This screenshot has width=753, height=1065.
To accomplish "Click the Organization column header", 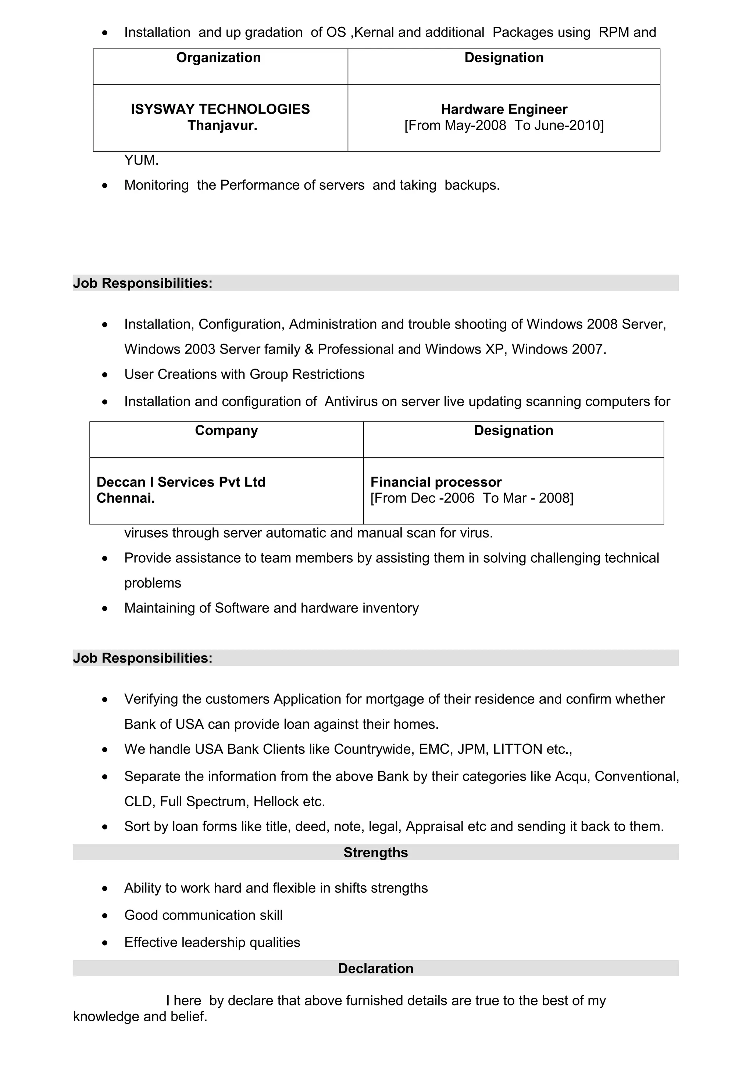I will (x=218, y=58).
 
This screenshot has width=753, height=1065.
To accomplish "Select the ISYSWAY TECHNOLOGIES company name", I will (x=220, y=109).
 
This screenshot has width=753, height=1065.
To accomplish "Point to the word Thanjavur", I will (x=222, y=125).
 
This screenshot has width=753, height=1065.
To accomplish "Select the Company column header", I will (x=226, y=430).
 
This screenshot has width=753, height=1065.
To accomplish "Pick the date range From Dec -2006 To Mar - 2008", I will (x=471, y=498).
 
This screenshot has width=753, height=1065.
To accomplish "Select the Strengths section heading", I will (x=375, y=853).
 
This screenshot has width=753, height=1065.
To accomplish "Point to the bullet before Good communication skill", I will (x=105, y=916).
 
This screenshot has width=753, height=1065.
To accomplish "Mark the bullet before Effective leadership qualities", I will (x=105, y=943).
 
